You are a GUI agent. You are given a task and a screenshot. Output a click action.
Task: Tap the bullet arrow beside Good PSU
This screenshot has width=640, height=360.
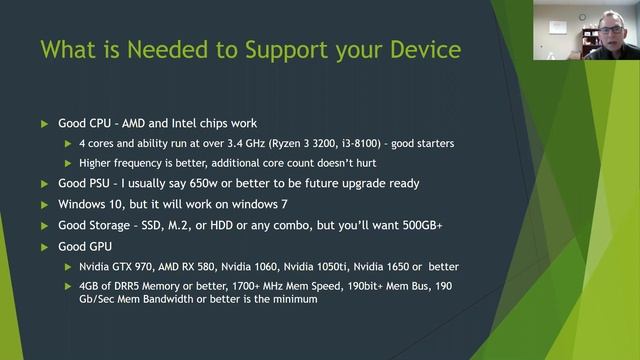click(x=44, y=184)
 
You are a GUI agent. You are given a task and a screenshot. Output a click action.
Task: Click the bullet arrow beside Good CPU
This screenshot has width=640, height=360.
click(x=44, y=123)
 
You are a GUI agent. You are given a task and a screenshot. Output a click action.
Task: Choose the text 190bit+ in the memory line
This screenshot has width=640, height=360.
click(x=386, y=287)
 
